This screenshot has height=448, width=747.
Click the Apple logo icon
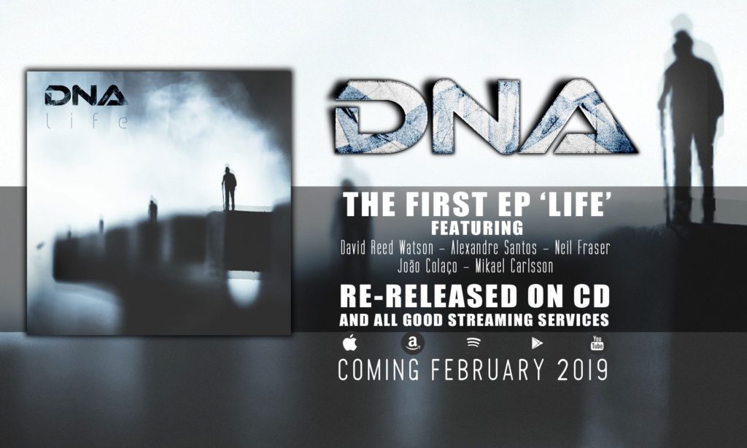click(349, 342)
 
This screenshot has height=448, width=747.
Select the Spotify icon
click(473, 342)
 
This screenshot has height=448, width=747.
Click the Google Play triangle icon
click(537, 343)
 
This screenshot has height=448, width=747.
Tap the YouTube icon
click(597, 343)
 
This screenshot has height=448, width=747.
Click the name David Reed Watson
click(387, 248)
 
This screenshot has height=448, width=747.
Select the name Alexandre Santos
click(494, 248)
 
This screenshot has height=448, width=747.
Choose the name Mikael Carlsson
click(514, 266)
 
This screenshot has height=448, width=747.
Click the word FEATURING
click(477, 228)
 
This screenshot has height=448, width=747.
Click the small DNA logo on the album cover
click(86, 96)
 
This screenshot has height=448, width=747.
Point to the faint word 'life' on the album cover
click(87, 122)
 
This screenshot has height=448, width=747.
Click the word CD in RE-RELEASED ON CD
click(591, 296)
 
